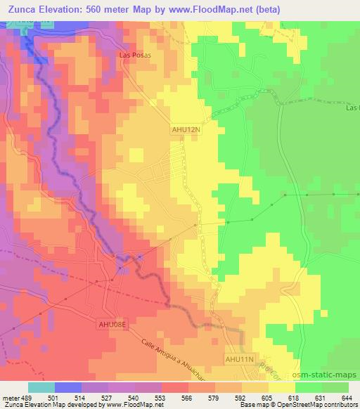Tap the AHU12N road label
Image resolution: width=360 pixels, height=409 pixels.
[186, 129]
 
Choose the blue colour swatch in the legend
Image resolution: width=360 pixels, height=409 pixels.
[68, 387]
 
